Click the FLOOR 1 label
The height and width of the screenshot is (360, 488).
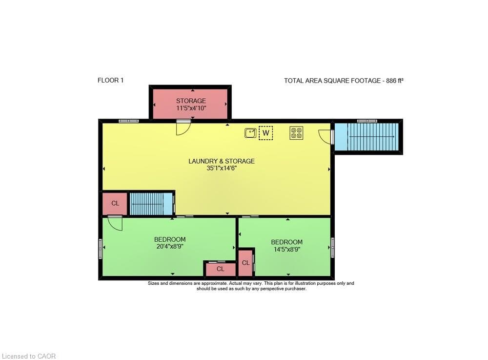110,80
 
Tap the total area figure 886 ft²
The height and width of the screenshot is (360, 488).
395,81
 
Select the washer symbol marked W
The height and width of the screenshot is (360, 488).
266,133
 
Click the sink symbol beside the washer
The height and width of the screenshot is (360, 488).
250,133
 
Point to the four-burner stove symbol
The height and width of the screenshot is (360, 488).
296,133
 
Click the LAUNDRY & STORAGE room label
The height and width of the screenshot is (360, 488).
222,161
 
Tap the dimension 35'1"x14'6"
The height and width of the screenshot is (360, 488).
222,168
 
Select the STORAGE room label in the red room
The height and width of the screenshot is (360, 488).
191,101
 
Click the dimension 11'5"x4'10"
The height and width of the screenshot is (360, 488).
191,108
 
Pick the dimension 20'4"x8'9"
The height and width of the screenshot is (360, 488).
170,246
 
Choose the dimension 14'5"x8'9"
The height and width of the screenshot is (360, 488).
286,249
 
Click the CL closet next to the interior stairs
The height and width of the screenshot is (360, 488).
115,203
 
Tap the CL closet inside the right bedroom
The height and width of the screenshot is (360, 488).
246,263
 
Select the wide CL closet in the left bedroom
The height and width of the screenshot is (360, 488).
221,269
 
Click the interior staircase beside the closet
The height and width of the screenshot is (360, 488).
151,204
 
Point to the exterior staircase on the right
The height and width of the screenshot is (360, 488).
366,137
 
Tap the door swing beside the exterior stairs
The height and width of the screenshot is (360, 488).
326,137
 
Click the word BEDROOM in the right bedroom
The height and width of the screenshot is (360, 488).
286,242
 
